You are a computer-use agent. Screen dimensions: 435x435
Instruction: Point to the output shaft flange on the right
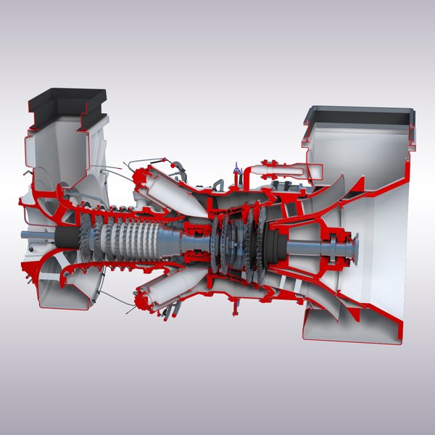pos(352,250)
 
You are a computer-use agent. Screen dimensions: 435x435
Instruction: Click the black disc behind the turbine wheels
pos(275,246)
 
